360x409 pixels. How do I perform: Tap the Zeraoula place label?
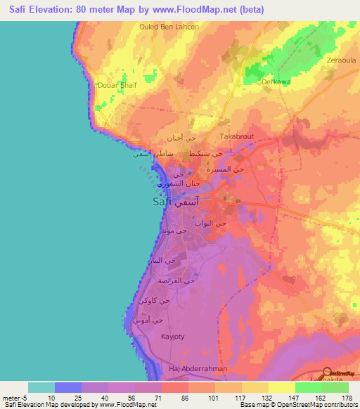tap(341, 60)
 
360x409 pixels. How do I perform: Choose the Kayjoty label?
tap(172, 337)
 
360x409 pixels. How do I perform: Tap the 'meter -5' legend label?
tap(15, 398)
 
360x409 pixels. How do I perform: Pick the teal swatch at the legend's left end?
tap(41, 387)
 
